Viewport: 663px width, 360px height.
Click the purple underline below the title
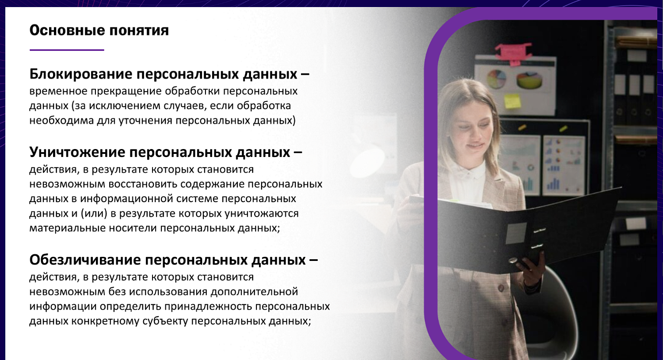(x=67, y=50)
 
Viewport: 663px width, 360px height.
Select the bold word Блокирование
(x=80, y=74)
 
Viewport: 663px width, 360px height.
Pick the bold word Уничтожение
(x=77, y=153)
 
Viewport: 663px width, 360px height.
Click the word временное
(x=58, y=91)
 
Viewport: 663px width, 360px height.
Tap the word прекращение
(x=127, y=92)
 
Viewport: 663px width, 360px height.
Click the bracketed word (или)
(x=94, y=214)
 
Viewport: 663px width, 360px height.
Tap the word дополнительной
(x=254, y=292)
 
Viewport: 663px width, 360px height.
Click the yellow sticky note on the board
(x=513, y=101)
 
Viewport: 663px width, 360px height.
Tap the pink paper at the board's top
(x=513, y=51)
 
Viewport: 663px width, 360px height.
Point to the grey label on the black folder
(x=516, y=233)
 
